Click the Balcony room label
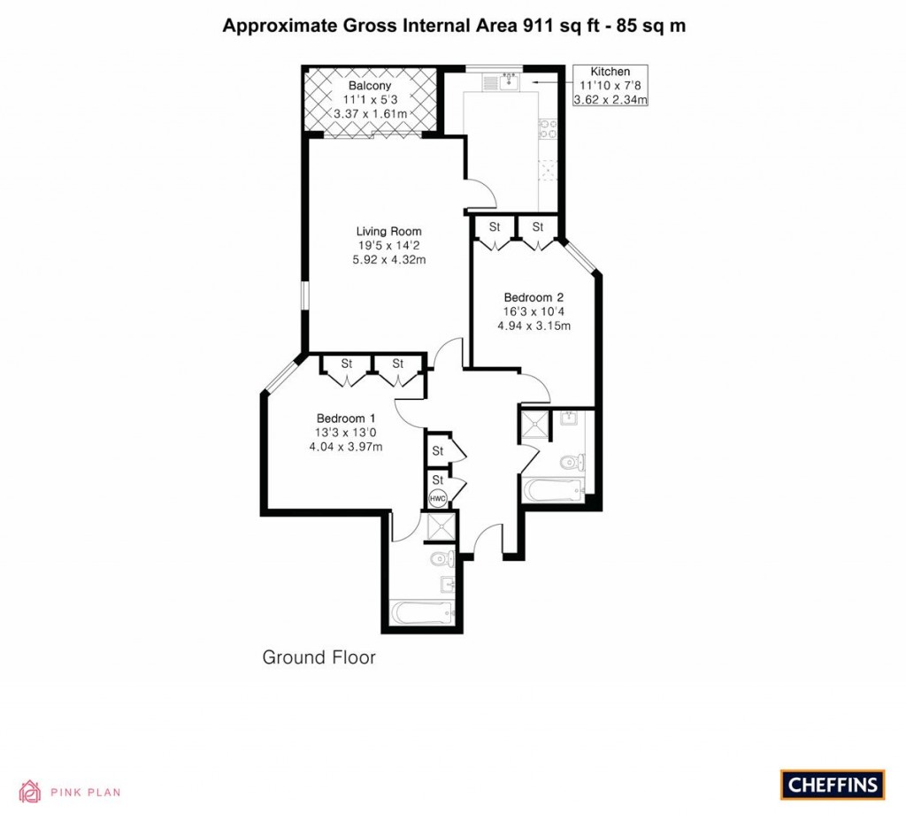pos(370,85)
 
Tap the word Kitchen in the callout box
pos(610,72)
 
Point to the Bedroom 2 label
pos(534,297)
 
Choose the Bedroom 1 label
pos(346,418)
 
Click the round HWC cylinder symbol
pos(437,499)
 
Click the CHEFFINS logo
pos(832,785)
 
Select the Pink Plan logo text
pos(85,793)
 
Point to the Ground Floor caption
pos(319,657)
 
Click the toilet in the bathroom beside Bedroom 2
pos(572,461)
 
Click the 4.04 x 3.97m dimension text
pos(345,447)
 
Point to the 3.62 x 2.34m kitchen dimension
pos(610,100)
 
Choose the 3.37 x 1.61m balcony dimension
pos(370,114)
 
